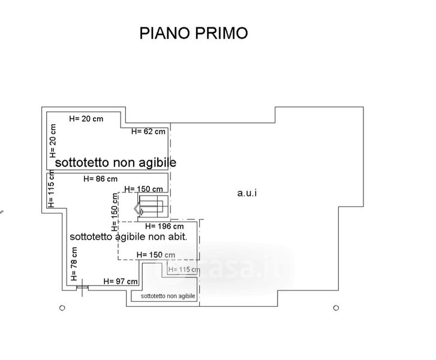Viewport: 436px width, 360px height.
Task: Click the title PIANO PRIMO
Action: [193, 32]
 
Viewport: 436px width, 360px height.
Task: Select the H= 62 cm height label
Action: [148, 131]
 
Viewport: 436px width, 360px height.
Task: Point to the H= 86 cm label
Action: [100, 178]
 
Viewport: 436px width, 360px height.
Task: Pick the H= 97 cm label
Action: [121, 281]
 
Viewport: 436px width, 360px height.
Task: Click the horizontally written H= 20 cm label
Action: [86, 119]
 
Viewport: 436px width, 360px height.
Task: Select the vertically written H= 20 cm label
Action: [53, 141]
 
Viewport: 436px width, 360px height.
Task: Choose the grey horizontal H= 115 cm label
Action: [184, 269]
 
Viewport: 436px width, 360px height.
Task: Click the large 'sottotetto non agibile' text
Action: [116, 163]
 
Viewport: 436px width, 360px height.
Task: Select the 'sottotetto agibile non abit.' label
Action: [129, 236]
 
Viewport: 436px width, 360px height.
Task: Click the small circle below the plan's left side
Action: [62, 308]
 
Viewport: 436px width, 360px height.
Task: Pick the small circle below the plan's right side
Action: [336, 308]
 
